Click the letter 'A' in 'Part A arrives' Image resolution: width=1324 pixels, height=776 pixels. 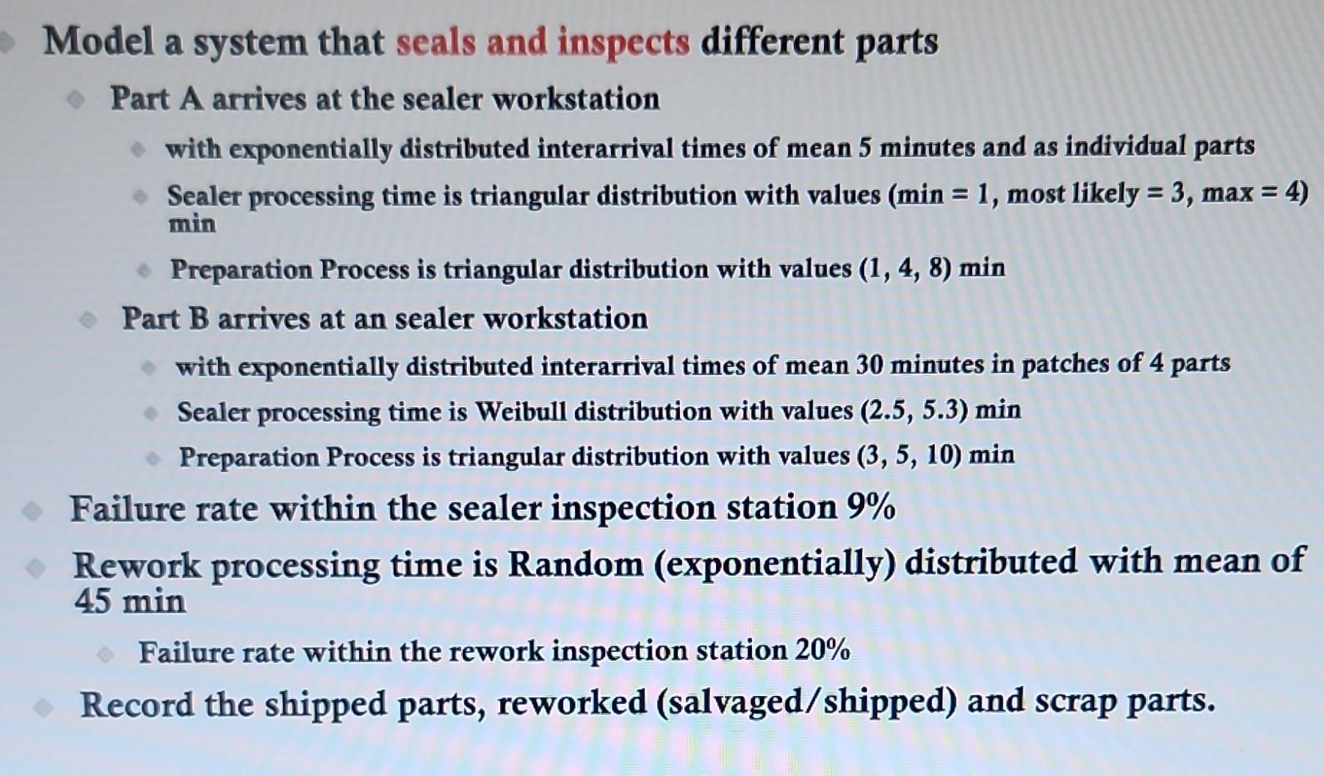tap(191, 98)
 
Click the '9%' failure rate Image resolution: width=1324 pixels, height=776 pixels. tap(871, 507)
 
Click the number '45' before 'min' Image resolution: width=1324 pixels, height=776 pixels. tap(92, 601)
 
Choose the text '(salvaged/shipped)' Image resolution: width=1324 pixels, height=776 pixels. tap(806, 702)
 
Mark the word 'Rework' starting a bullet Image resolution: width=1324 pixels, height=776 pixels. tap(136, 565)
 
